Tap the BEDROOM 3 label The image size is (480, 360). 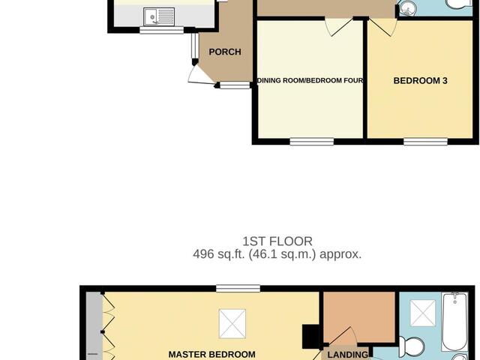[420, 80]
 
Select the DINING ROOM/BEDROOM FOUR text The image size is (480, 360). [310, 80]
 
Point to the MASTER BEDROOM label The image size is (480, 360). [211, 354]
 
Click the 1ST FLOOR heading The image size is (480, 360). [267, 241]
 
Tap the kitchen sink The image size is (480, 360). [159, 15]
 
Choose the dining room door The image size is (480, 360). [337, 26]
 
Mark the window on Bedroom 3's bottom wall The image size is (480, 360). [425, 140]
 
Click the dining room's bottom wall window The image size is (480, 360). [311, 140]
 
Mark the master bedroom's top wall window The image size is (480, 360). [238, 288]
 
